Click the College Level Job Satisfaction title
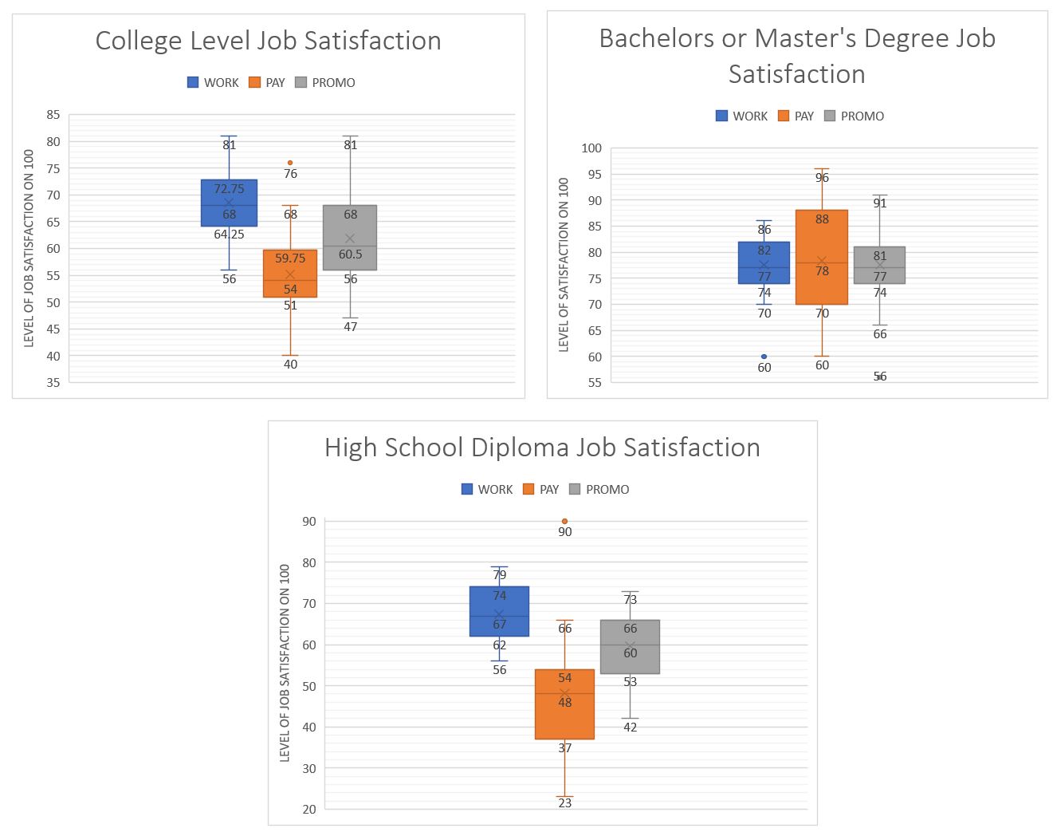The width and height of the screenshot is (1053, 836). [x=268, y=41]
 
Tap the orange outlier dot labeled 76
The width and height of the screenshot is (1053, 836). [x=290, y=163]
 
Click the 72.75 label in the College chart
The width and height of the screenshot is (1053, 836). [x=229, y=189]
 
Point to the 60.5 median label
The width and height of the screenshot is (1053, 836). [x=350, y=254]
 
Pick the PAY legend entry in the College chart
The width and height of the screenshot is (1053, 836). [x=267, y=83]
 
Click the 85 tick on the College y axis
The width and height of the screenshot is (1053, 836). [x=53, y=115]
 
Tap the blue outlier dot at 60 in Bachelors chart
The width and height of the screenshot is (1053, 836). [x=764, y=357]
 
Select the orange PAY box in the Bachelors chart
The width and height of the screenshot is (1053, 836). [x=822, y=247]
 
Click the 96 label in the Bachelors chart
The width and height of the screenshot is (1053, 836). [x=822, y=178]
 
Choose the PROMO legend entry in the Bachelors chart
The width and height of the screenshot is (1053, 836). [x=854, y=116]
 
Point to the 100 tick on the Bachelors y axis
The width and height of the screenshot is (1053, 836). [x=591, y=148]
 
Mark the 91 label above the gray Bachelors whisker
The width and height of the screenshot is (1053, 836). [x=879, y=203]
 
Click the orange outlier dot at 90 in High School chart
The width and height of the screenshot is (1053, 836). [x=564, y=521]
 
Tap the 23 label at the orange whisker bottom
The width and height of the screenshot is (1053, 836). [x=564, y=803]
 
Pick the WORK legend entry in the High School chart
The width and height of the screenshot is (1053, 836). [x=487, y=490]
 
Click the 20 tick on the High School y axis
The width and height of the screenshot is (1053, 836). [x=308, y=809]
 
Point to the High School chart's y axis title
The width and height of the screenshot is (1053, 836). [x=285, y=663]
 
